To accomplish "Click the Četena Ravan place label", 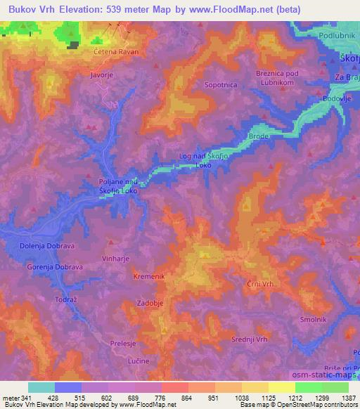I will tap(116, 52).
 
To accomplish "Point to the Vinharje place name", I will tap(117, 258).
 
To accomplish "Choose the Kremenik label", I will tap(149, 276).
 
